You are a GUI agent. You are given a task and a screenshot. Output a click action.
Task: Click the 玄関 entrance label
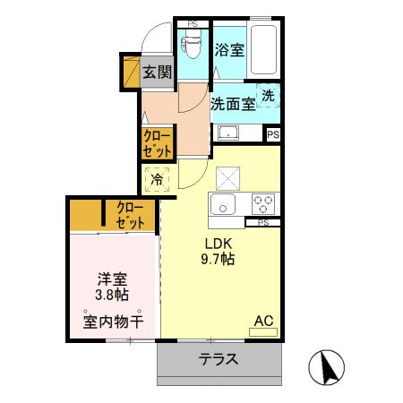[x=159, y=72]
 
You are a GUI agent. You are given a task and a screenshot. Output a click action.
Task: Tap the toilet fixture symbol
[x=193, y=43]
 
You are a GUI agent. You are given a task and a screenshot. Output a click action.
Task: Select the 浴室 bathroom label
[x=229, y=50]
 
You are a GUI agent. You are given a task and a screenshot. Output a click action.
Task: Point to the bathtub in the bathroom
[x=264, y=50]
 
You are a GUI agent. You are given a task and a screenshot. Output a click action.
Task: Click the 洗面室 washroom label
[x=232, y=102]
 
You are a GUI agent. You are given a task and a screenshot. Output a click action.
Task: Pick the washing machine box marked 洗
[x=269, y=95]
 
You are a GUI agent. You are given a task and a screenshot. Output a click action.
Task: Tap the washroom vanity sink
[x=228, y=134]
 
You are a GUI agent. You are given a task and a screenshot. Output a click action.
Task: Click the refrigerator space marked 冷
[x=157, y=180]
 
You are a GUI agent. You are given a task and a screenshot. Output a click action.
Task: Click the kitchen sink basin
[x=222, y=202]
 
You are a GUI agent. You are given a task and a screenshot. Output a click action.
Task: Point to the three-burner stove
[x=262, y=201]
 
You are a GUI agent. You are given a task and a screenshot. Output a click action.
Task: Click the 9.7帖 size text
[x=218, y=260]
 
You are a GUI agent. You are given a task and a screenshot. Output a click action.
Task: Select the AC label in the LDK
[x=263, y=320]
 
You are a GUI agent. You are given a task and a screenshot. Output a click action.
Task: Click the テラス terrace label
[x=219, y=359]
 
